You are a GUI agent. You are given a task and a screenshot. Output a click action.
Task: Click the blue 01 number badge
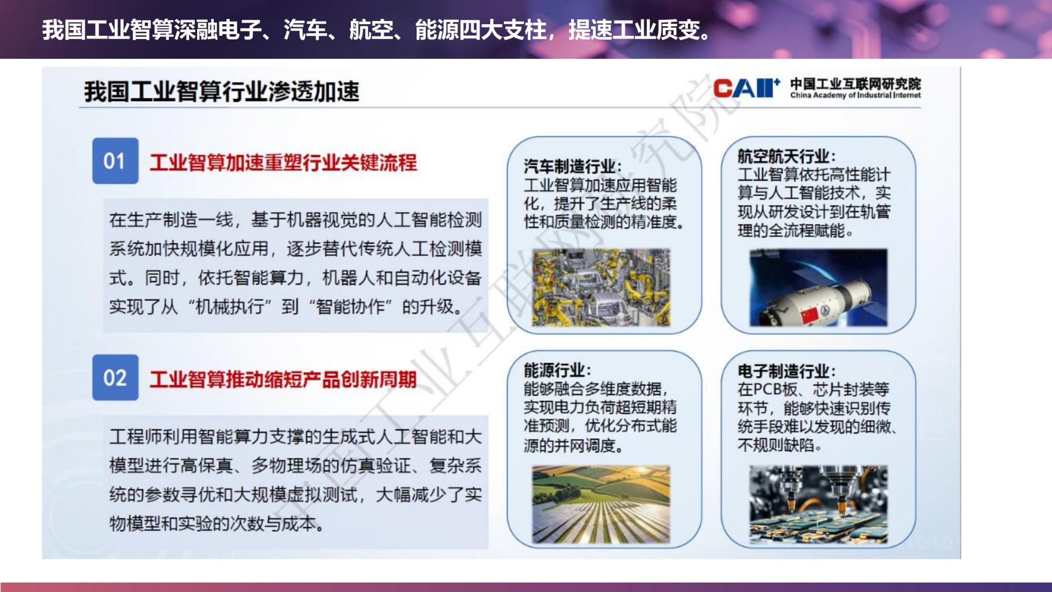click(115, 161)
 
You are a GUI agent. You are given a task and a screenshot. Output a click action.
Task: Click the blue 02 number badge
click(115, 377)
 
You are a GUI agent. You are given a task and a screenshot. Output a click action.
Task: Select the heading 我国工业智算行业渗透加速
click(221, 92)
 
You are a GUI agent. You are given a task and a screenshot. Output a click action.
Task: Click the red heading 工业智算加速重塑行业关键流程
click(283, 163)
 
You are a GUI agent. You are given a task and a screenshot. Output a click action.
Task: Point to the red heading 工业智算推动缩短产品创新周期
click(283, 379)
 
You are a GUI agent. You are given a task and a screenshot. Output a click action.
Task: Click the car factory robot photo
click(601, 287)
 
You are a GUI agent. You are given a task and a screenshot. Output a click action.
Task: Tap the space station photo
click(818, 287)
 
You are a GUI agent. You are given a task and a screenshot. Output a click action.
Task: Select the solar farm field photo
click(601, 504)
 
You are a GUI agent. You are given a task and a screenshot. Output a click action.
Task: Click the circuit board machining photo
click(818, 504)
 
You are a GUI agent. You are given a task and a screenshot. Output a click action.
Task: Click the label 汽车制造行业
click(569, 166)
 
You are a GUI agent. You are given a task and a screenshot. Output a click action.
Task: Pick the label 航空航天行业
click(783, 156)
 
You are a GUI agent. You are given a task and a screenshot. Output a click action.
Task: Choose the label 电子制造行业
click(783, 371)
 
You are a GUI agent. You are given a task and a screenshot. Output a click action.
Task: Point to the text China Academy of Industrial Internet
click(855, 95)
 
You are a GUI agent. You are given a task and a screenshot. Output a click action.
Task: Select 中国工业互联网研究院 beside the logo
click(855, 84)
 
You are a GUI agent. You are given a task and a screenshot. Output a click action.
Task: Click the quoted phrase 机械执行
click(230, 306)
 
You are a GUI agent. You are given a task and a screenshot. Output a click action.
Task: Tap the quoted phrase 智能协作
click(351, 306)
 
